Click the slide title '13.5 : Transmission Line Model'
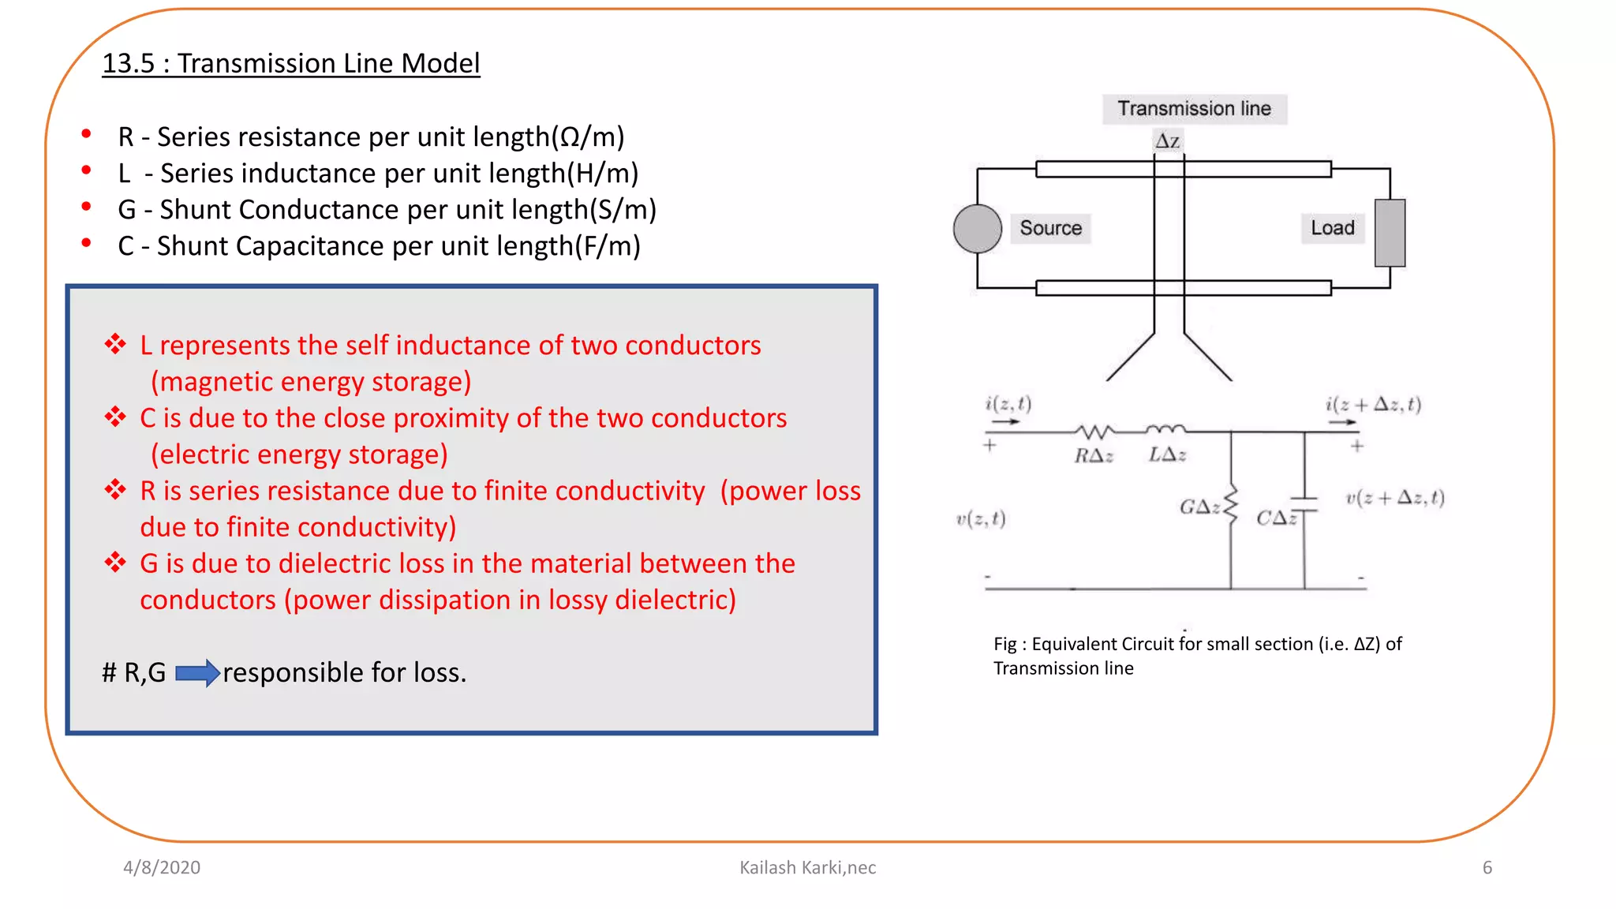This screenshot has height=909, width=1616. pyautogui.click(x=290, y=63)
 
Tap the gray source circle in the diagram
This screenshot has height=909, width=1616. pyautogui.click(x=977, y=229)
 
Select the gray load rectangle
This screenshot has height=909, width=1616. pyautogui.click(x=1390, y=233)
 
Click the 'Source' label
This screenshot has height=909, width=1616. pyautogui.click(x=1050, y=228)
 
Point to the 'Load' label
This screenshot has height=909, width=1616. pyautogui.click(x=1332, y=228)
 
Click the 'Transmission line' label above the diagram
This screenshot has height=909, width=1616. pyautogui.click(x=1194, y=109)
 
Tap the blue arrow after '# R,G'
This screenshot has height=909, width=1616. pyautogui.click(x=196, y=673)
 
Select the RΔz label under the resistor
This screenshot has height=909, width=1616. pyautogui.click(x=1094, y=456)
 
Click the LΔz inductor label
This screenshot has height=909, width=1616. pyautogui.click(x=1167, y=455)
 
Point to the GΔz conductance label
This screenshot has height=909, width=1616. pyautogui.click(x=1199, y=507)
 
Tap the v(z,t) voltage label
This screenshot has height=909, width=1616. pyautogui.click(x=981, y=519)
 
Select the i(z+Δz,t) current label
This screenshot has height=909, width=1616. pyautogui.click(x=1373, y=405)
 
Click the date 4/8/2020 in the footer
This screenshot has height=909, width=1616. pyautogui.click(x=162, y=867)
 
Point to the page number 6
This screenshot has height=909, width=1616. pyautogui.click(x=1487, y=867)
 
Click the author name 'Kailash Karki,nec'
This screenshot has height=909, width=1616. pyautogui.click(x=807, y=867)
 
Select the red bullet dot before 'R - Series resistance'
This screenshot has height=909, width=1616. pyautogui.click(x=86, y=134)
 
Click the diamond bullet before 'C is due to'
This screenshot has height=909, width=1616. pyautogui.click(x=115, y=417)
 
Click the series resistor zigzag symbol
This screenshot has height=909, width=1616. pyautogui.click(x=1094, y=432)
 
